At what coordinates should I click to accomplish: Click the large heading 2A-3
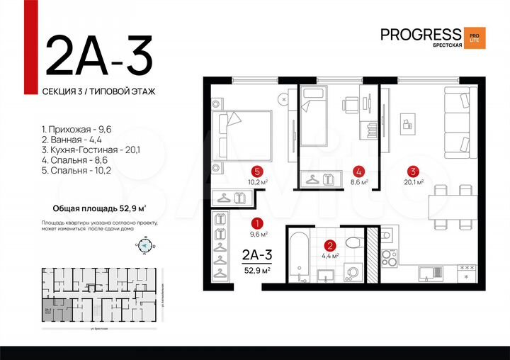(x=98, y=55)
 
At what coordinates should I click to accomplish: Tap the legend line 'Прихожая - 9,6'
(x=71, y=130)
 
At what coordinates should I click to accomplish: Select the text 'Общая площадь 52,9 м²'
(x=100, y=208)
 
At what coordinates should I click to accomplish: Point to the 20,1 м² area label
(x=413, y=181)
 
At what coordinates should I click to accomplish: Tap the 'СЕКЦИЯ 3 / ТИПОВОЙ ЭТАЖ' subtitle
(x=98, y=91)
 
